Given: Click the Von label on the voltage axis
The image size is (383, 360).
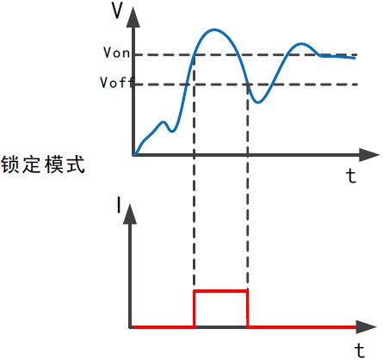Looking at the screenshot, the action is coord(117,53).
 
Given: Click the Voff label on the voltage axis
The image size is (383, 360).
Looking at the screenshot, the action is coord(117,83).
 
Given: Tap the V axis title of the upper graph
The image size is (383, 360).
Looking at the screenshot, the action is coord(117,11).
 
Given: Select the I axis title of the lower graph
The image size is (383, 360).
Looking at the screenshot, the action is coord(119,204).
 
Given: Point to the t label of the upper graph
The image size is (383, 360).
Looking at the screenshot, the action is coord(351,176).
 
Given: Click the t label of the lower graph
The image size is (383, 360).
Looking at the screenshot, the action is coord(360,350).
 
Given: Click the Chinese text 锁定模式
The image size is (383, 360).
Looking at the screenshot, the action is coord(43,164).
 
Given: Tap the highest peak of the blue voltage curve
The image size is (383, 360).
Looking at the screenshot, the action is coord(213,29).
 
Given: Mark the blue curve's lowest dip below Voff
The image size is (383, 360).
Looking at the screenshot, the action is coord(258,102).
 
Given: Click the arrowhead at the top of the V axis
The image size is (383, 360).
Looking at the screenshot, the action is coord(133,17).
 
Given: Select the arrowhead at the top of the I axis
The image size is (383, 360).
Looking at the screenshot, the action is coord(130,214).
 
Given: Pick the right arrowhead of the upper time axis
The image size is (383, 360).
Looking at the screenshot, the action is coord(369,155).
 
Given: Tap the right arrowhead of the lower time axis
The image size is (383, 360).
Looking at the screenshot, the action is coord(366,327).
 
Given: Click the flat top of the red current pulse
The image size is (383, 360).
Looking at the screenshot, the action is coord(221,291).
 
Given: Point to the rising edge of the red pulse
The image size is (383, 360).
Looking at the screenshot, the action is coord(195,309).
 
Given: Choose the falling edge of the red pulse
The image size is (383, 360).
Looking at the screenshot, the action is coord(248,309).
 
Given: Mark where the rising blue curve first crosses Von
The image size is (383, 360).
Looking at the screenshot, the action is coord(195,54).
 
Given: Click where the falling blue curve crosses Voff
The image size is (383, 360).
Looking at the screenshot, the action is coord(248,84).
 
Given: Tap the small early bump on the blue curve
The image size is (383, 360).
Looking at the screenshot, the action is coord(164,122).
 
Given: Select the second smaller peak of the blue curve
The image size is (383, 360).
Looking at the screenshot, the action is coord(301,44).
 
